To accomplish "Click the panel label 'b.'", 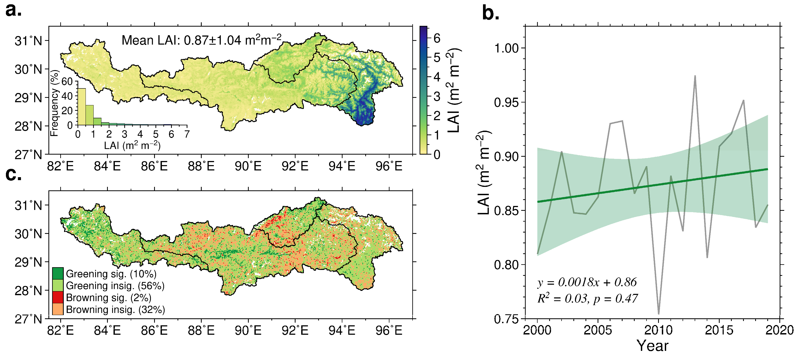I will click(x=491, y=14).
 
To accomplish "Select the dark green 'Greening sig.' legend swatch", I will click(x=58, y=273).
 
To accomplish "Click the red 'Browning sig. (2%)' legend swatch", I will click(x=58, y=297).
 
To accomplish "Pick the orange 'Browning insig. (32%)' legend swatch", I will click(x=58, y=309).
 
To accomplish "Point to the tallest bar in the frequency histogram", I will click(x=81, y=107).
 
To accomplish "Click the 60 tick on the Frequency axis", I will click(x=67, y=81).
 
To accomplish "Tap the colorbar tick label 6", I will click(x=437, y=38).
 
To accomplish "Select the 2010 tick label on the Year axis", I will click(x=659, y=330).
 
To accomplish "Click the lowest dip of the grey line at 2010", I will click(x=659, y=313).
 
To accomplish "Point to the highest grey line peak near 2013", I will click(x=695, y=76).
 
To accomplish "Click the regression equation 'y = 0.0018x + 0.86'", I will click(x=587, y=282).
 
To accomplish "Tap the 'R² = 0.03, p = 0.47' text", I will click(x=587, y=298).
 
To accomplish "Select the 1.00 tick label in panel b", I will click(x=506, y=48).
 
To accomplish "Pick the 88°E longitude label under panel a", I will click(x=201, y=166).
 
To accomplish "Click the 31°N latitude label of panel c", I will click(x=28, y=205).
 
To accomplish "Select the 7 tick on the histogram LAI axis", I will click(x=187, y=134).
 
